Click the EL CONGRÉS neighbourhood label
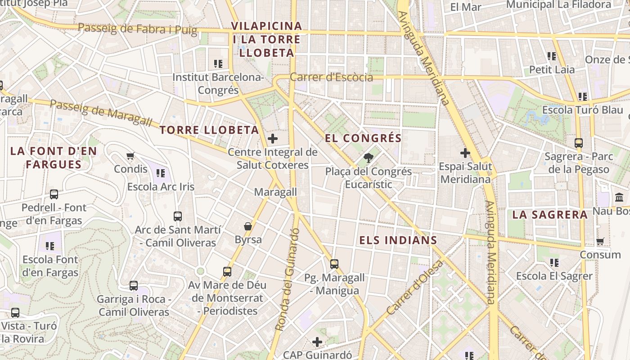(x=363, y=138)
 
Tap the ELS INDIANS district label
(x=398, y=240)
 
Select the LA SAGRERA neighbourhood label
(x=550, y=215)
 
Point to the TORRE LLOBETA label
(x=209, y=130)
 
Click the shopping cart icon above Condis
(x=130, y=156)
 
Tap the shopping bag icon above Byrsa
(x=247, y=226)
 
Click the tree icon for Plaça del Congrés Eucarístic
(x=369, y=157)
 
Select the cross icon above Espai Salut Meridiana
(x=465, y=153)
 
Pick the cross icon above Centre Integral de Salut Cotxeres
(x=272, y=139)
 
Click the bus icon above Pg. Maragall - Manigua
(x=334, y=264)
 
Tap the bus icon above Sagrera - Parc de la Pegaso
(x=579, y=143)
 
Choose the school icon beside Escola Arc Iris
(x=161, y=173)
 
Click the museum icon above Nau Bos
(x=619, y=198)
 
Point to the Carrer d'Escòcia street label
(x=331, y=77)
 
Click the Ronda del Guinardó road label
(x=288, y=280)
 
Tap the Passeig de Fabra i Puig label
(x=137, y=29)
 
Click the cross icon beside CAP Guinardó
(x=317, y=342)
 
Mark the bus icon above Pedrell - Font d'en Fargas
(x=54, y=194)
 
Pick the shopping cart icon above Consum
(x=600, y=242)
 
